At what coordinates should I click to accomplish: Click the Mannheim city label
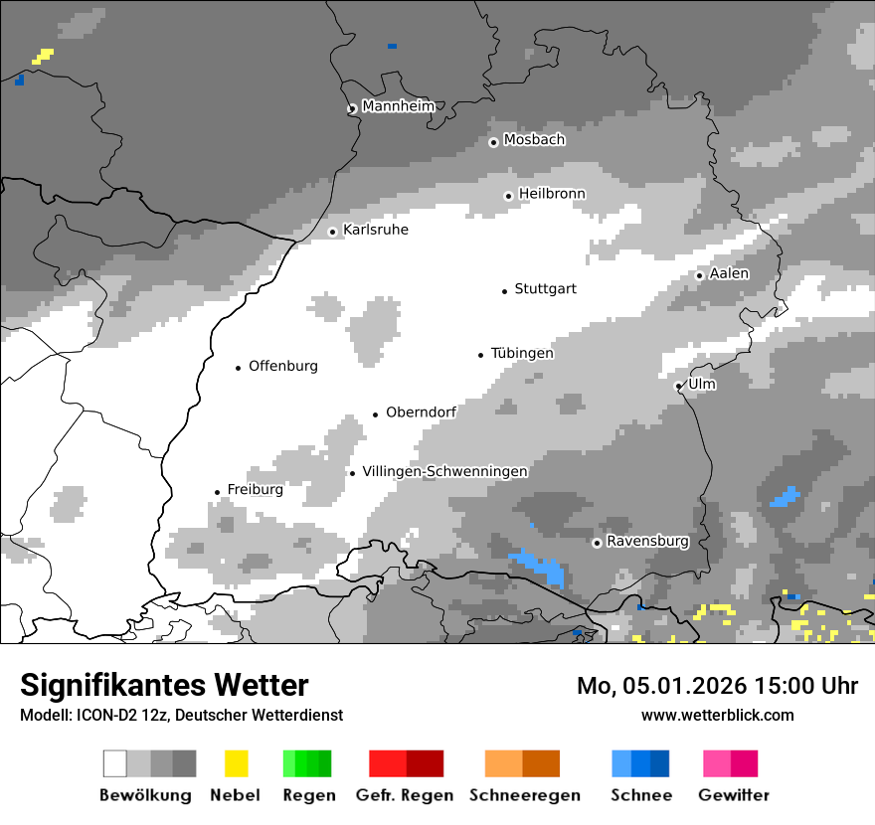[x=398, y=106]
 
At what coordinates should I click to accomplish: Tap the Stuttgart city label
[x=545, y=289]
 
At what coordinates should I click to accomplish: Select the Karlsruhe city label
[x=375, y=230]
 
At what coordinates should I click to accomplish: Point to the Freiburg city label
[x=255, y=490]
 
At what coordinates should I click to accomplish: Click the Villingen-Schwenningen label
[x=444, y=471]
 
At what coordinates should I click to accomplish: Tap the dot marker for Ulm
[x=678, y=386]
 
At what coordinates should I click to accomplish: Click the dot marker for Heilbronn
[x=508, y=196]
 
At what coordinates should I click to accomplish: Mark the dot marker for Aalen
[x=699, y=275]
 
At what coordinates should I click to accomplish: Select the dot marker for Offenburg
[x=238, y=368]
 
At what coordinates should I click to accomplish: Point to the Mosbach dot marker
[x=493, y=142]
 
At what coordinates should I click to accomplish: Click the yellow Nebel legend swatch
[x=236, y=763]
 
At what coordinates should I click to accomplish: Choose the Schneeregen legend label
[x=524, y=795]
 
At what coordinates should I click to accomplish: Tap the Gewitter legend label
[x=733, y=795]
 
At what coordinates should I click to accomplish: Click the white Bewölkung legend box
[x=115, y=763]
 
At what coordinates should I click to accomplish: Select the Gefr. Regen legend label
[x=405, y=795]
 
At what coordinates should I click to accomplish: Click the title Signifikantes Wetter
[x=164, y=686]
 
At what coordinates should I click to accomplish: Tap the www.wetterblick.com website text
[x=717, y=715]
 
